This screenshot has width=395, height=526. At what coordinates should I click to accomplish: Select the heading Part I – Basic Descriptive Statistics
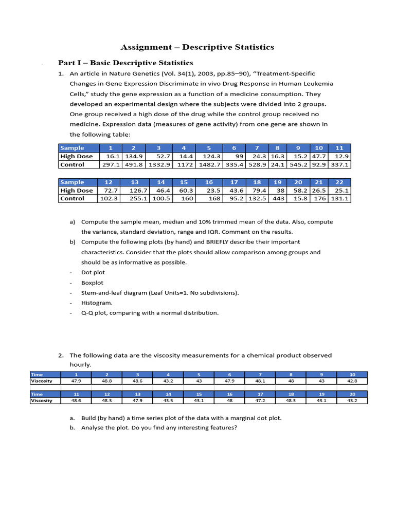click(125, 63)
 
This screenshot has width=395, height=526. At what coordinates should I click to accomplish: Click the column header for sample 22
click(339, 182)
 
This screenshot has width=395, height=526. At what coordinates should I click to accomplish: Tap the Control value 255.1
click(137, 198)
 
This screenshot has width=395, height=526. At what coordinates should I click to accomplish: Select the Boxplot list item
click(92, 283)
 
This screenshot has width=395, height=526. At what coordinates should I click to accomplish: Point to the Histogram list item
click(97, 303)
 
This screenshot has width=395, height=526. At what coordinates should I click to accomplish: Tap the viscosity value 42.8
click(352, 381)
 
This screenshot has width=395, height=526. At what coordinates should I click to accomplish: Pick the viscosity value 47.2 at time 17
click(260, 401)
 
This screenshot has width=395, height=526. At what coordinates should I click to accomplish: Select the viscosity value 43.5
click(168, 401)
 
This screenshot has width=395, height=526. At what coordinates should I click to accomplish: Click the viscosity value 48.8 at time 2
click(107, 381)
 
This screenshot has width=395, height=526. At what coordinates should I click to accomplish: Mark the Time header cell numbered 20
click(352, 394)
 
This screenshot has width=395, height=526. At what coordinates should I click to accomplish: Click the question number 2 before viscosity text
click(60, 355)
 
